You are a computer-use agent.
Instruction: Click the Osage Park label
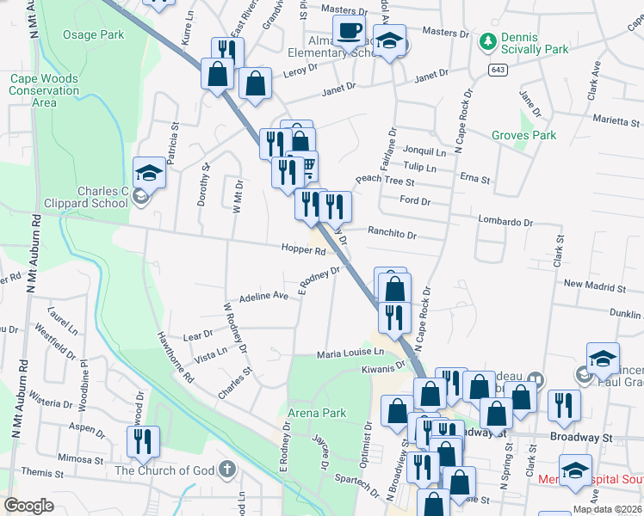coord(93,34)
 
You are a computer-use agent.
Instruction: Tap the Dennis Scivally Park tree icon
coord(488,41)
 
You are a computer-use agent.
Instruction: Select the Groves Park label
coord(523,135)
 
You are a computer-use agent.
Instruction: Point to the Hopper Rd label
coord(303,251)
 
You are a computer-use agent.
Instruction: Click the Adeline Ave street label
coord(263,295)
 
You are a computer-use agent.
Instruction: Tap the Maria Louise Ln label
coord(350,353)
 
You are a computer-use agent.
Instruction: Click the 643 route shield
coord(498,69)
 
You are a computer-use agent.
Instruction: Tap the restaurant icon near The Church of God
coord(142,441)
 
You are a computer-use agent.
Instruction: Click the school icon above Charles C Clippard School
coord(149,172)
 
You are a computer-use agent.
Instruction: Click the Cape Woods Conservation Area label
coord(44,90)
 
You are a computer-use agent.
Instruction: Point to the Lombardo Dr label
coord(505,222)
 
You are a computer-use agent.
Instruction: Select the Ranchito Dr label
coord(392,234)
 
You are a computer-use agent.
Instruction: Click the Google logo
coord(28,506)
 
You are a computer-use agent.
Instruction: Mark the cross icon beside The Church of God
coord(226,470)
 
